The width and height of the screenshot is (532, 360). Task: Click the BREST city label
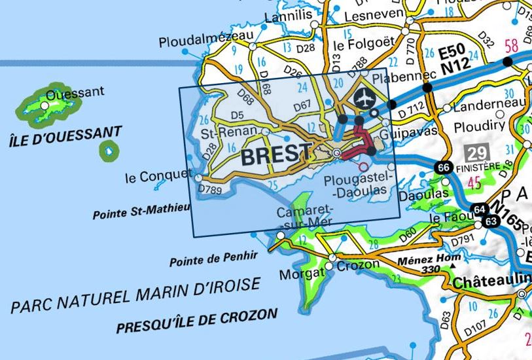point(276,155)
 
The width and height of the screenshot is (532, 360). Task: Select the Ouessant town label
point(75,93)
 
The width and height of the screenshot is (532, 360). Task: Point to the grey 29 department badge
point(477,154)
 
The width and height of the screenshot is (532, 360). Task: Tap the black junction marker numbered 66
point(444,168)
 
